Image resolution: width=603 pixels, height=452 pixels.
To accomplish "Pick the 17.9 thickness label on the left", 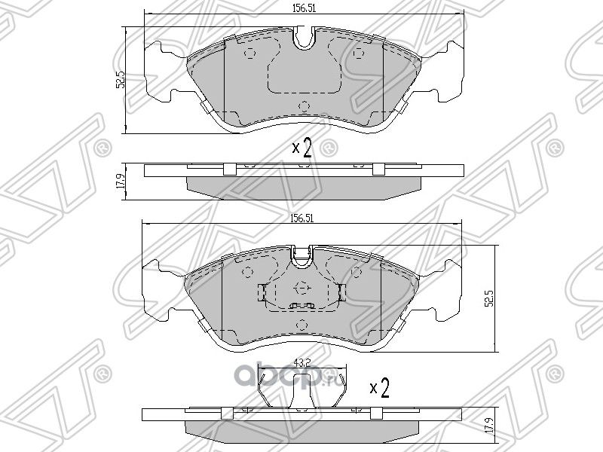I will (x=119, y=182).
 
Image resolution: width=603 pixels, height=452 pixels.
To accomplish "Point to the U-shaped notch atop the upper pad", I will (x=305, y=39).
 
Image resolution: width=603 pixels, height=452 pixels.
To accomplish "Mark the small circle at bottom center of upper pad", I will (x=304, y=105).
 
